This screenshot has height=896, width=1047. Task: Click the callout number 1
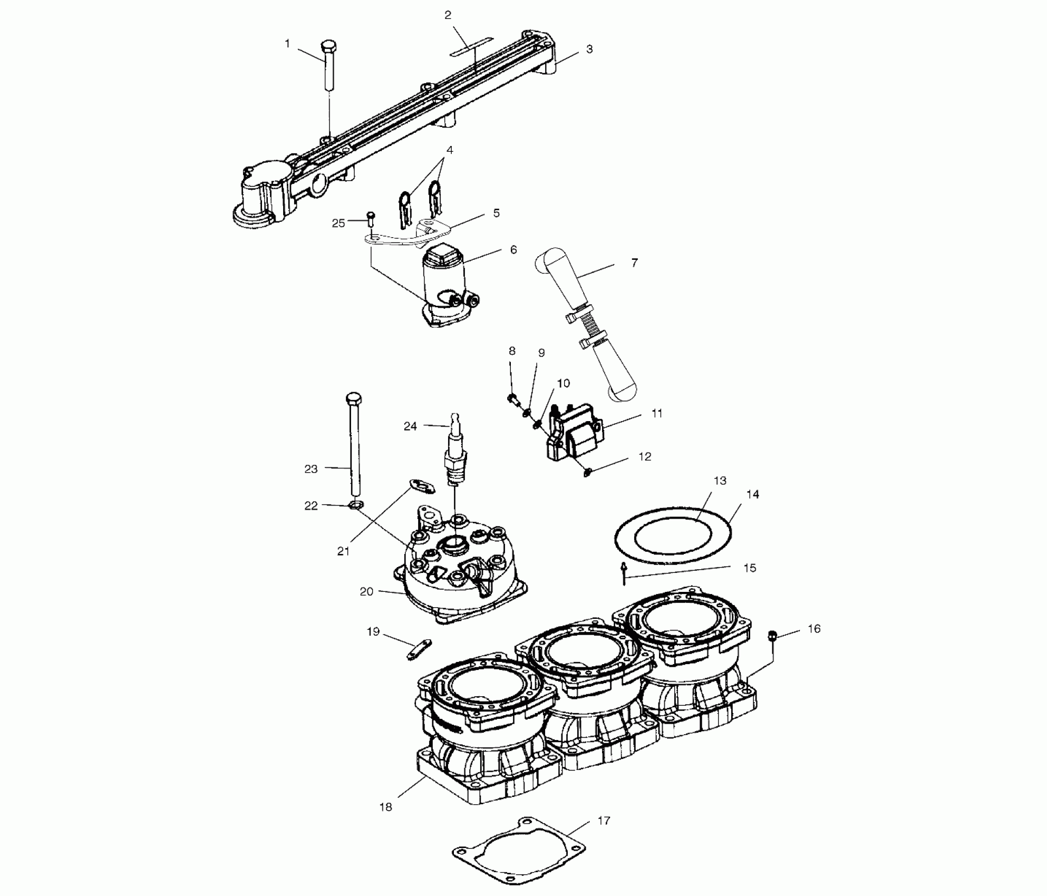tap(287, 44)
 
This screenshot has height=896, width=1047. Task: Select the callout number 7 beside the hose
tap(635, 262)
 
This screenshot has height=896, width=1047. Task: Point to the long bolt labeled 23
tap(354, 446)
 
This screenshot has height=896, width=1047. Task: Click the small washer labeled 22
tap(356, 505)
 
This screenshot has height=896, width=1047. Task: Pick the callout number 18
tap(386, 821)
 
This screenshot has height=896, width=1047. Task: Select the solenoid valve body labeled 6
tap(445, 287)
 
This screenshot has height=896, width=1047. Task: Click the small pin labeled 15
tap(624, 573)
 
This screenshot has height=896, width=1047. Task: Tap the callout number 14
tap(753, 494)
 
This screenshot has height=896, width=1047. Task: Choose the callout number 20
tap(366, 592)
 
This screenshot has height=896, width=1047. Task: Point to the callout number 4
tap(450, 150)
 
